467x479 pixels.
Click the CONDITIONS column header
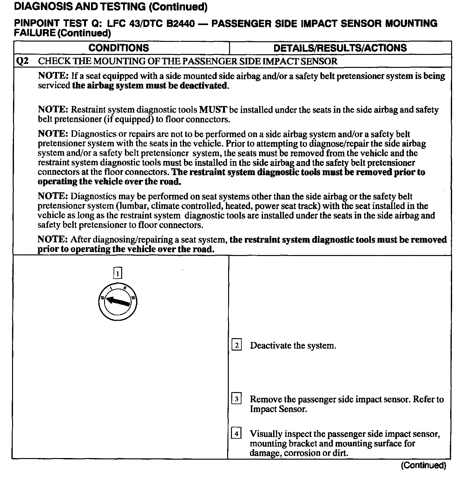119,48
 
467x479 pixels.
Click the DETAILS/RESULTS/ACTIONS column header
340,48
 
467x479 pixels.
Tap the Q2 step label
22,61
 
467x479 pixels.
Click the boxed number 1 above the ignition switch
118,273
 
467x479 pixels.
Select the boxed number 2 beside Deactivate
237,345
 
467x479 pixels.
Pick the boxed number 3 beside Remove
237,398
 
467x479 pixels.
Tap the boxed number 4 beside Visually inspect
237,433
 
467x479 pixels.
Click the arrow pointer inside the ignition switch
117,301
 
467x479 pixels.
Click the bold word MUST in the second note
213,110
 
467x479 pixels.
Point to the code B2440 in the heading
180,23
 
